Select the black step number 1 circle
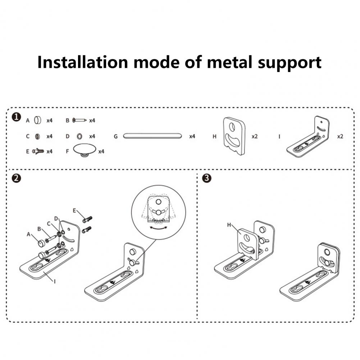click(15, 117)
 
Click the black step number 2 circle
click(15, 178)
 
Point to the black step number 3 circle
click(206, 178)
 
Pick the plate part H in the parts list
click(234, 136)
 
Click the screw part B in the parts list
click(79, 120)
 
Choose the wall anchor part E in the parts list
click(38, 151)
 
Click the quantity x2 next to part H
click(255, 137)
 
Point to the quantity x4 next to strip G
click(192, 137)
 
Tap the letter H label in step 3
click(229, 225)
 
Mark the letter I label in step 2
click(55, 282)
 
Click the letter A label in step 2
click(28, 233)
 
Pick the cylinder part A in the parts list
click(38, 120)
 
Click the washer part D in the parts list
click(79, 136)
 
